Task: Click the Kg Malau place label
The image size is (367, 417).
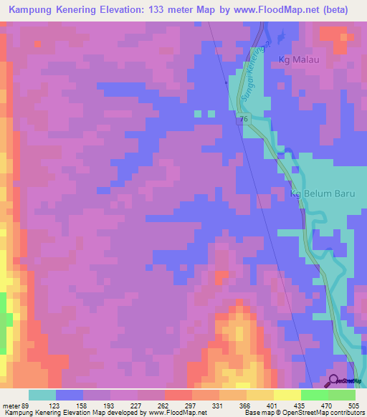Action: [x=292, y=60]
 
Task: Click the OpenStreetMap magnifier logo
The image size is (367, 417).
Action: [x=334, y=382]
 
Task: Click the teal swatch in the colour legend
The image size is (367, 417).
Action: [x=42, y=394]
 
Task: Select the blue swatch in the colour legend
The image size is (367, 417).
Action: [x=70, y=394]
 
